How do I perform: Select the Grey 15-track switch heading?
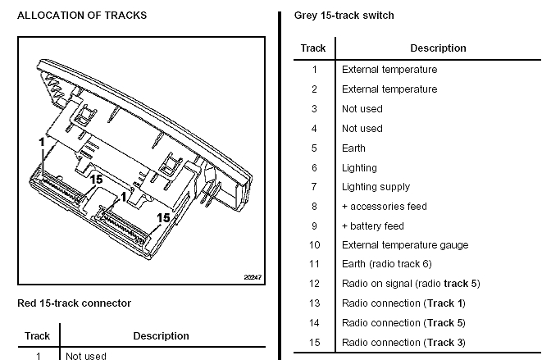pyautogui.click(x=344, y=16)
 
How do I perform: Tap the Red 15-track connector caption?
pyautogui.click(x=74, y=303)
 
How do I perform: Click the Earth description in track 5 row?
pyautogui.click(x=353, y=148)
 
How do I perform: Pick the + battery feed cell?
pyautogui.click(x=372, y=226)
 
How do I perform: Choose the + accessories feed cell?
pyautogui.click(x=384, y=207)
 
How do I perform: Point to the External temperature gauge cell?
pyautogui.click(x=404, y=245)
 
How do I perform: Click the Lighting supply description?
pyautogui.click(x=376, y=187)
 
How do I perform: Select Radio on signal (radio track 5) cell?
pyautogui.click(x=410, y=284)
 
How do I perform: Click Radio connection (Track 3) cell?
pyautogui.click(x=403, y=343)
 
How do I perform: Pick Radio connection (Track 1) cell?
pyautogui.click(x=403, y=303)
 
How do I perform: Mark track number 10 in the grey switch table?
pyautogui.click(x=314, y=245)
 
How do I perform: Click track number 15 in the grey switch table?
pyautogui.click(x=314, y=343)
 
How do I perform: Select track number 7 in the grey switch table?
pyautogui.click(x=314, y=187)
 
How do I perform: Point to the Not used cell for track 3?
pyautogui.click(x=362, y=109)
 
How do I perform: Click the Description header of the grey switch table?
pyautogui.click(x=438, y=48)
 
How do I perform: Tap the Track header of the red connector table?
pyautogui.click(x=38, y=335)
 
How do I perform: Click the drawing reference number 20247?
pyautogui.click(x=252, y=277)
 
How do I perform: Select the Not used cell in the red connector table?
pyautogui.click(x=85, y=356)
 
